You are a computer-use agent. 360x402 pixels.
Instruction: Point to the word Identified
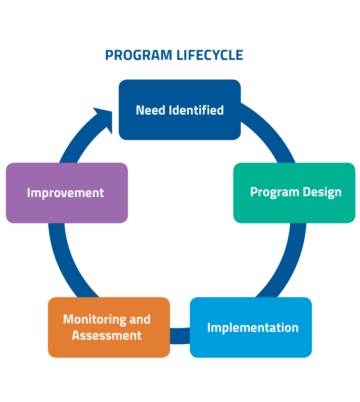point(196,110)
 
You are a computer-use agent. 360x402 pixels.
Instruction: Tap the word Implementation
point(253,327)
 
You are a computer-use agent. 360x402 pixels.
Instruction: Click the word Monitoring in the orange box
point(94,319)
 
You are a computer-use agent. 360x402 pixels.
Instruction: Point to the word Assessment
point(107,336)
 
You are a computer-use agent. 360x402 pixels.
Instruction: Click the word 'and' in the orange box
point(140,319)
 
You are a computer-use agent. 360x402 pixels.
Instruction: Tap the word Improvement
point(65,193)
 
